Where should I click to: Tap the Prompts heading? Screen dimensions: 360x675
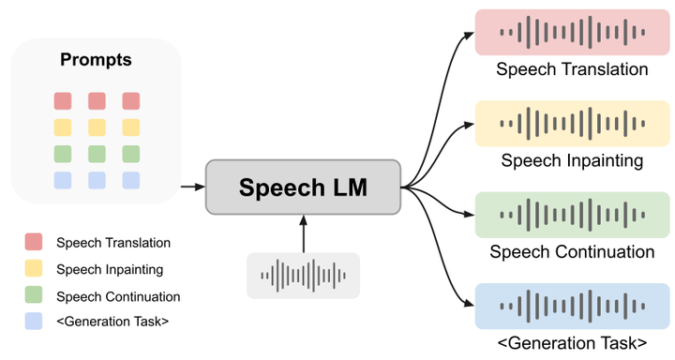tap(96, 60)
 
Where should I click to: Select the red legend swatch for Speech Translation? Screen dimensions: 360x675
tap(35, 242)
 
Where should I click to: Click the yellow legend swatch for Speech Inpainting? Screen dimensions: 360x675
tap(35, 269)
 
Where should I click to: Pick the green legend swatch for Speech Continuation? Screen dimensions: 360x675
tap(35, 296)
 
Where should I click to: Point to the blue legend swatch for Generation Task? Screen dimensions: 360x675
tap(35, 323)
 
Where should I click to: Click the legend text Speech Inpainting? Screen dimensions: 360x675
tap(110, 270)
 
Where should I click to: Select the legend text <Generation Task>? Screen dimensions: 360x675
tap(112, 323)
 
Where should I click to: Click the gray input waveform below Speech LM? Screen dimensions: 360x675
tap(303, 276)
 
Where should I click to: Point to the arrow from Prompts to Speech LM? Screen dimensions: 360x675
tap(192, 187)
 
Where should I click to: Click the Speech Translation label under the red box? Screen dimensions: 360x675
tap(572, 69)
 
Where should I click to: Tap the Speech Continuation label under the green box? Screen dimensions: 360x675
tap(572, 251)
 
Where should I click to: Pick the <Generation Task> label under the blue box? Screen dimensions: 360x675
tap(572, 341)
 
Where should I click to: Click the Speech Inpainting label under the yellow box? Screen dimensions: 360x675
tap(572, 160)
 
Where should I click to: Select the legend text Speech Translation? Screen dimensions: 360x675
tap(113, 243)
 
